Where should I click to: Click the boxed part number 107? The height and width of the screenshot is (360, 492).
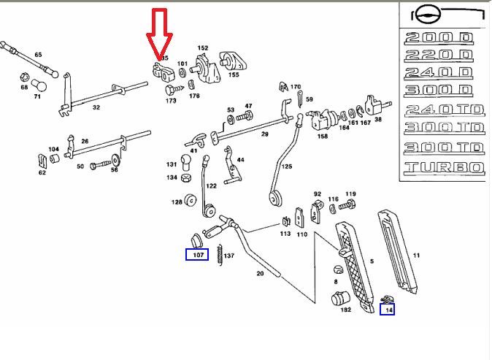coord(197,255)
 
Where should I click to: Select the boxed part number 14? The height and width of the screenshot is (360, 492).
coord(389,310)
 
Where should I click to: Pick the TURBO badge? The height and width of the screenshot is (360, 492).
coord(443,168)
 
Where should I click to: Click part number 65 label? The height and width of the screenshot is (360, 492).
coord(38,55)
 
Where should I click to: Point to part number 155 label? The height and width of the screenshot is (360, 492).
coord(234,74)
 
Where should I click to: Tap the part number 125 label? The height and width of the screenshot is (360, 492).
coord(287,166)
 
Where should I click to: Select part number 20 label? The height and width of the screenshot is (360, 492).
coord(259,274)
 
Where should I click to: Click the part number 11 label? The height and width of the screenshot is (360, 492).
coord(417,256)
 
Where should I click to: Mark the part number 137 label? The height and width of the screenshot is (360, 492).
coord(229,256)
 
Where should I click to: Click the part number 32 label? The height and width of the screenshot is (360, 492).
coord(96,107)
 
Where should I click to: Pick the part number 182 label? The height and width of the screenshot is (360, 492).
coord(345,310)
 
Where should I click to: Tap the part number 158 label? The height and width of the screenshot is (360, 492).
coord(323,136)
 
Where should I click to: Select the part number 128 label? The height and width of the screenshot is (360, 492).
coord(177,202)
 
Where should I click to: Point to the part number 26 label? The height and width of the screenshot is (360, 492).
coord(85,142)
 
